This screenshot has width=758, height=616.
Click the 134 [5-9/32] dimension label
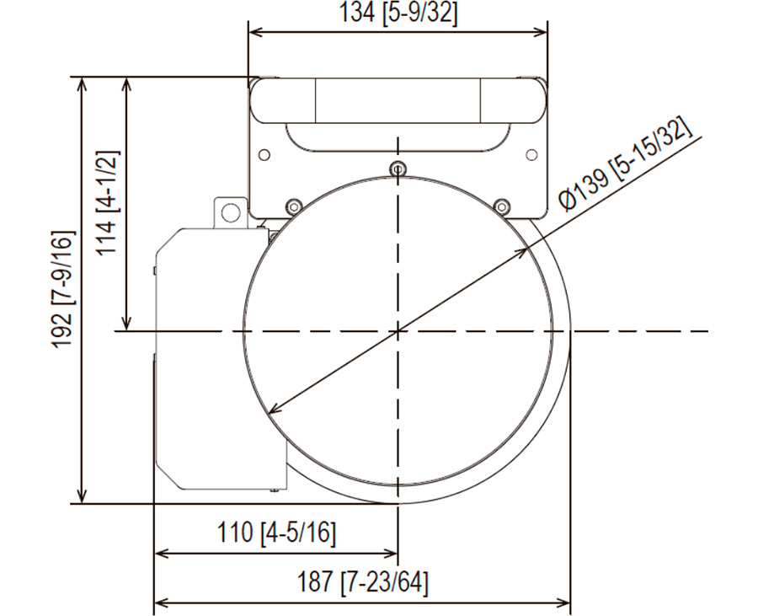point(398,13)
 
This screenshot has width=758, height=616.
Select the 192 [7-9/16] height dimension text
point(63,290)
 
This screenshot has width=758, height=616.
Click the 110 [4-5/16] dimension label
point(276,533)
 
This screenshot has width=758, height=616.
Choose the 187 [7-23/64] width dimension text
point(362,582)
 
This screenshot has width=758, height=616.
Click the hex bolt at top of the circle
point(398,169)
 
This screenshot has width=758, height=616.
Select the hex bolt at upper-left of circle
point(293,206)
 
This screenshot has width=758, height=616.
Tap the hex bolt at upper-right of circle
point(502,206)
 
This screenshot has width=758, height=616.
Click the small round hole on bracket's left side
point(264,155)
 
